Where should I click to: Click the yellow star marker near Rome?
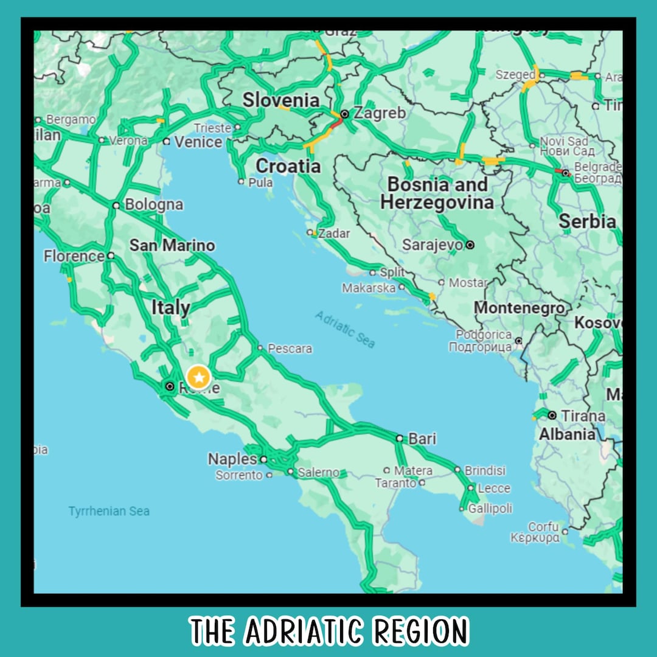[198, 377]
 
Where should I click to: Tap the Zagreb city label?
[380, 113]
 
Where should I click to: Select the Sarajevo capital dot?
[470, 245]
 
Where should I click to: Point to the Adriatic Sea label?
[345, 329]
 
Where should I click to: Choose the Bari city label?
[422, 438]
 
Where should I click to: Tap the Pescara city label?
[290, 349]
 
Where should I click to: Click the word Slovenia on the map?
[281, 100]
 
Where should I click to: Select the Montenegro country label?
[520, 308]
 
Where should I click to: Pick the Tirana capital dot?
[552, 415]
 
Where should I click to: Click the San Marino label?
[172, 246]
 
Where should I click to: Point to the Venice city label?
[198, 142]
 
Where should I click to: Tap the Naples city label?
[232, 459]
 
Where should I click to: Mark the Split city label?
[392, 272]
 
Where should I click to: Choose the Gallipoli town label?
[490, 508]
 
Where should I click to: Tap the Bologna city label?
[154, 204]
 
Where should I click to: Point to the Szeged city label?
[515, 75]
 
